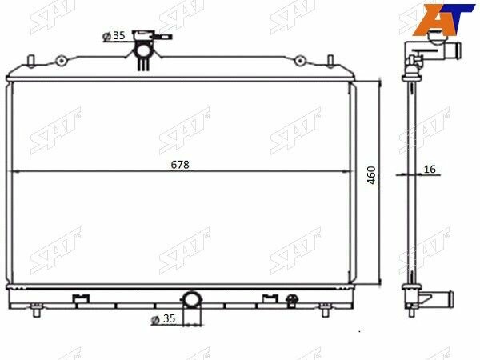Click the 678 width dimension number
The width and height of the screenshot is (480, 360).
click(180, 165)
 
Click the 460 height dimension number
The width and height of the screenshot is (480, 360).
click(371, 175)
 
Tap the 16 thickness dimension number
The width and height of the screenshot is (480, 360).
click(430, 170)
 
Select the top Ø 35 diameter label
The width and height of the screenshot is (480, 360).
click(114, 36)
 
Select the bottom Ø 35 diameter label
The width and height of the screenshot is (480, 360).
click(163, 318)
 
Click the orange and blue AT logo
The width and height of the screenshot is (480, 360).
click(443, 19)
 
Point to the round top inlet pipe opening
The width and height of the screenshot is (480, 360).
click(142, 50)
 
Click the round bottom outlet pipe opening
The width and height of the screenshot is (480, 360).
click(192, 299)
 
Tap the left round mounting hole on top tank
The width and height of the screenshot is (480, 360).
click(62, 60)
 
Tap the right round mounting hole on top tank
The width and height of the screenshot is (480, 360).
click(299, 60)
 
